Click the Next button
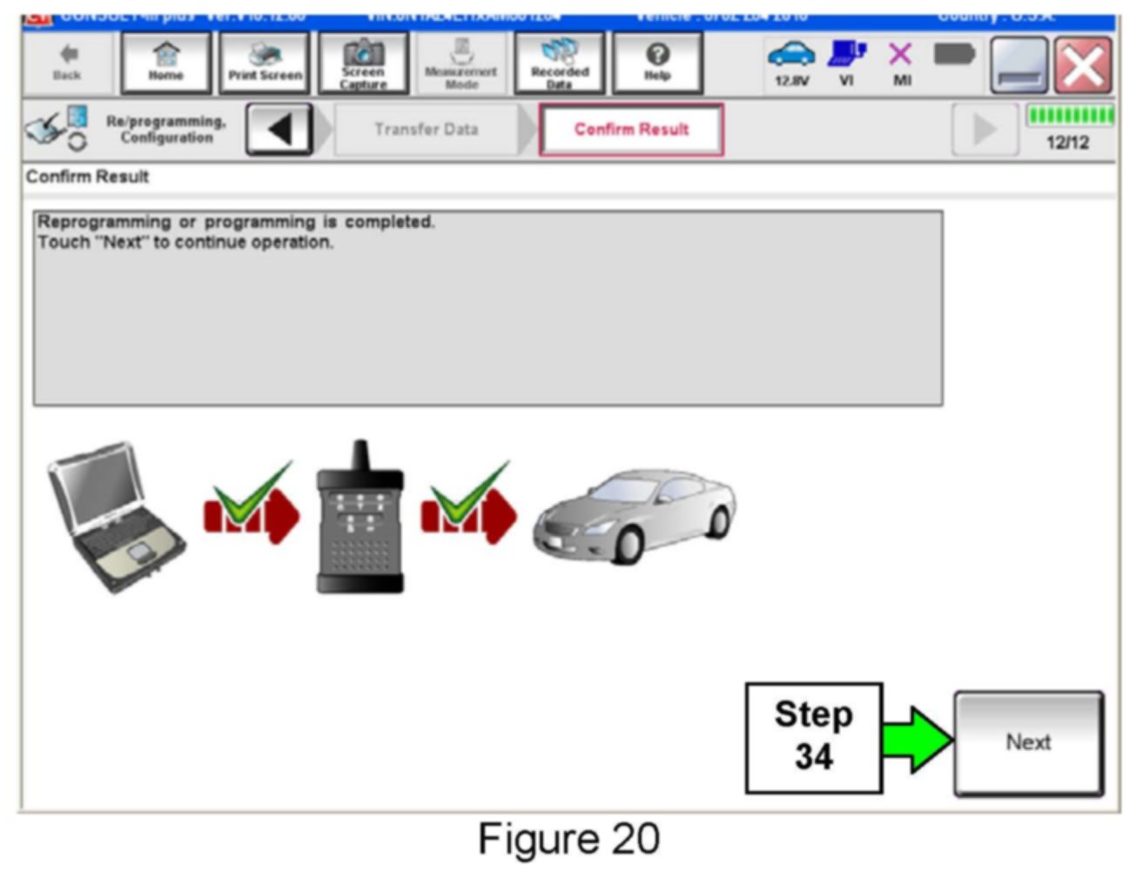(1028, 742)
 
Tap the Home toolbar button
(165, 63)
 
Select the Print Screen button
(265, 63)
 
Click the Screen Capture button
(363, 63)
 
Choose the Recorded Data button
(560, 63)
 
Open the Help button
(657, 63)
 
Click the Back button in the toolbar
(67, 63)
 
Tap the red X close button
(1083, 65)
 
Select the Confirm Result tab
(631, 130)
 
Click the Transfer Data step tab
(426, 130)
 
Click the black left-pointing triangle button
(279, 130)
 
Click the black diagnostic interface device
(360, 522)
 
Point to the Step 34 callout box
(813, 737)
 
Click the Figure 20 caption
(568, 839)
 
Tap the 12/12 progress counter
(1067, 143)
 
